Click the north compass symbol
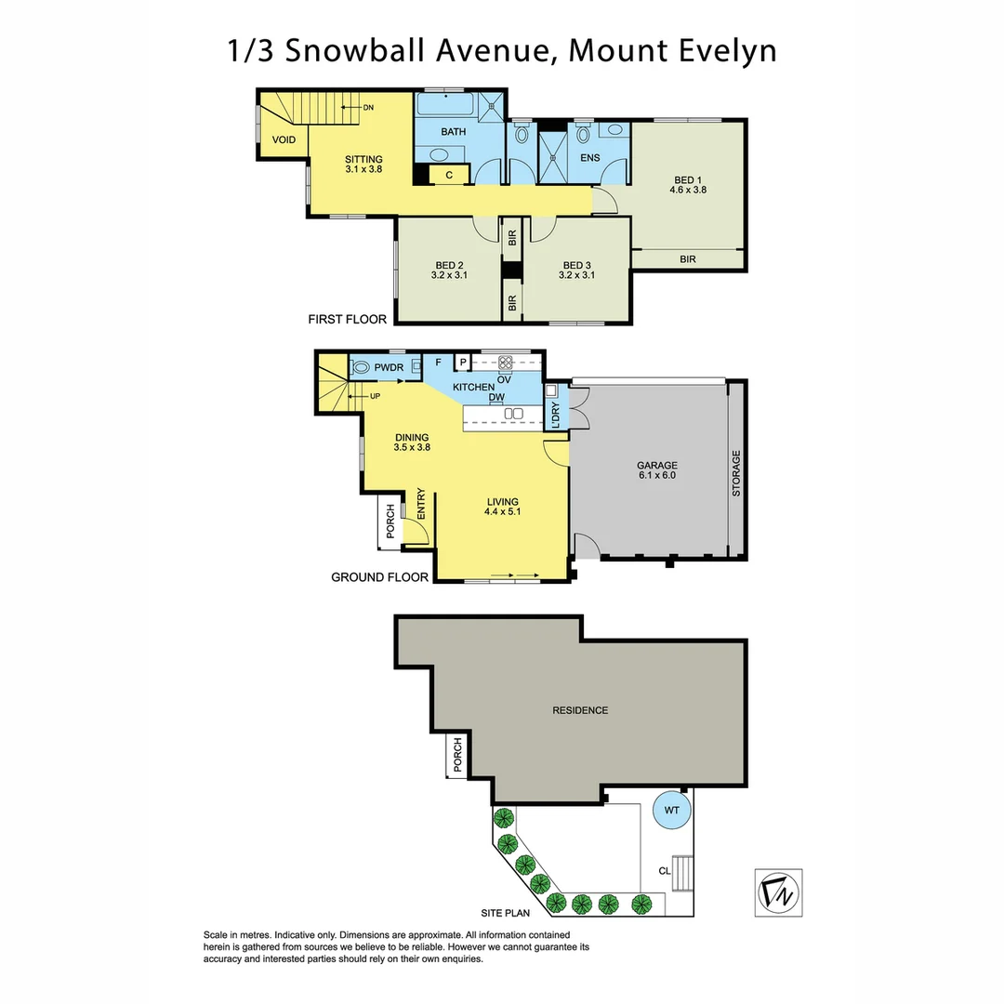click(778, 892)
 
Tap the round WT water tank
click(672, 811)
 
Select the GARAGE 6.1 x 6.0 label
click(656, 469)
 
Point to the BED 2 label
click(448, 270)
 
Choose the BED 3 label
click(576, 270)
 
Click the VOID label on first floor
click(284, 140)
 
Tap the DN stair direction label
click(368, 108)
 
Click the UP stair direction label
click(376, 397)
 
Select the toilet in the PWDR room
click(362, 367)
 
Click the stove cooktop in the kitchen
click(507, 363)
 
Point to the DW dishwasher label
click(496, 397)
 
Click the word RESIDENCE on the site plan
click(580, 710)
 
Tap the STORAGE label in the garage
click(736, 474)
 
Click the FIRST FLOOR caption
click(347, 320)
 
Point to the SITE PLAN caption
click(505, 914)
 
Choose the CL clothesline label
click(664, 871)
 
